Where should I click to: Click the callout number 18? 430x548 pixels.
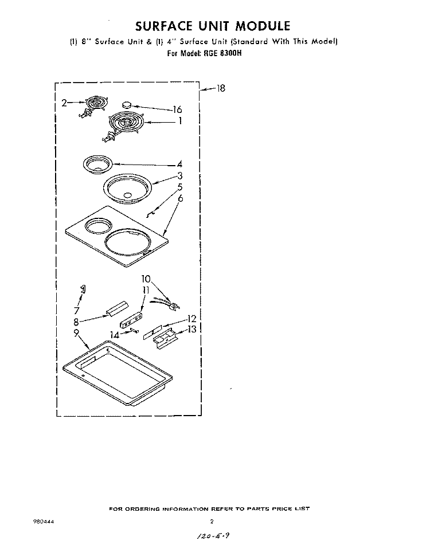221,88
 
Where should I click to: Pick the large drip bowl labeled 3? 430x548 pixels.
127,187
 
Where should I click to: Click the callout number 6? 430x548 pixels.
180,199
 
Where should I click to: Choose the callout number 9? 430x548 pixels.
76,331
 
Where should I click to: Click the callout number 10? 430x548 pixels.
146,279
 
